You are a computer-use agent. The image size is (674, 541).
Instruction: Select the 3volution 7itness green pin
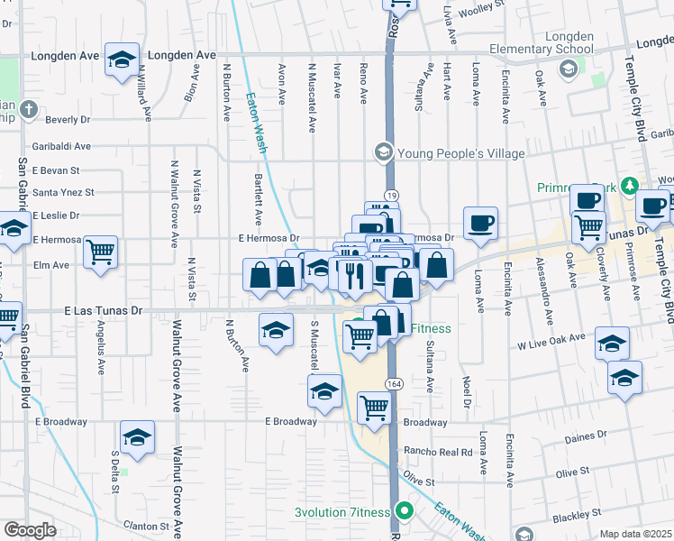pos(405,511)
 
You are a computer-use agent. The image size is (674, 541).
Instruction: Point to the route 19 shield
pos(391,195)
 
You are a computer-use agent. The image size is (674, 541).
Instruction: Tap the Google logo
pos(30,530)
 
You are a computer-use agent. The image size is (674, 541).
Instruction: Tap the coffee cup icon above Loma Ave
pos(480,223)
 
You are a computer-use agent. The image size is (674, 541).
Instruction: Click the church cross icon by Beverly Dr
pos(28,110)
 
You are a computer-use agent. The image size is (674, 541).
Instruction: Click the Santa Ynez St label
pos(63,192)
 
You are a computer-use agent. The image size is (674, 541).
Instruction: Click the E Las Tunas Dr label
pos(104,311)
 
